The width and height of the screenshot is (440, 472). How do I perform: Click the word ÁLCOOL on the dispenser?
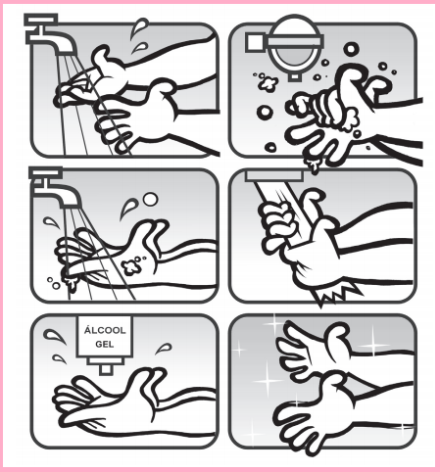point(105,330)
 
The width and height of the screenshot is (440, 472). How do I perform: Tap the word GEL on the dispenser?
point(105,344)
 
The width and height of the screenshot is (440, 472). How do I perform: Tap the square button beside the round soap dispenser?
point(255,42)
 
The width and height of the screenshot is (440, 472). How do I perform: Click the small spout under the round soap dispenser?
point(295,76)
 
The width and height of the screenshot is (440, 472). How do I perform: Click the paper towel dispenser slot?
point(274,175)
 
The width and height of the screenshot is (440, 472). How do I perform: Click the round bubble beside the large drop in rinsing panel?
point(150,199)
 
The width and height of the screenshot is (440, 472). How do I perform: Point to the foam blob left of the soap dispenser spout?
point(269,83)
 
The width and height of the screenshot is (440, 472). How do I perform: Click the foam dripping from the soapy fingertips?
point(313,165)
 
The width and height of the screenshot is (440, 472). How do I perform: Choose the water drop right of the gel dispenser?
point(164,349)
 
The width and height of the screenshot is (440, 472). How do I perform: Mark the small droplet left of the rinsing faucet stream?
point(52,222)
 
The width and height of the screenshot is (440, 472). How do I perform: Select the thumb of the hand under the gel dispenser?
point(144,380)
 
